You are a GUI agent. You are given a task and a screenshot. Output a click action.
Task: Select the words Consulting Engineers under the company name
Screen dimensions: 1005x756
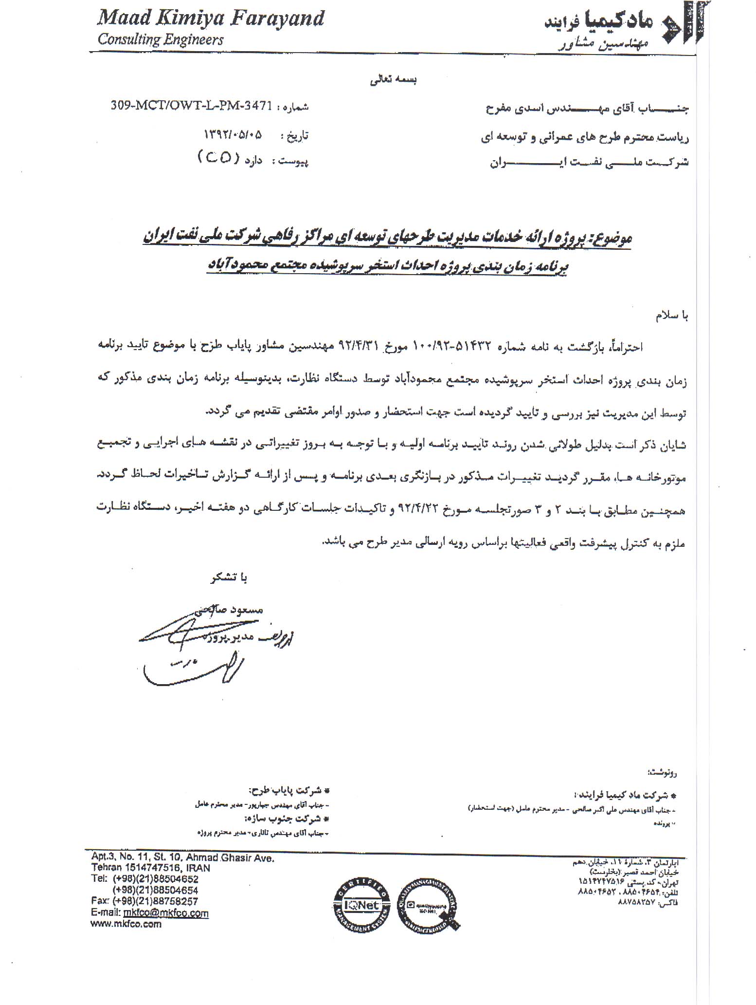pyautogui.click(x=161, y=39)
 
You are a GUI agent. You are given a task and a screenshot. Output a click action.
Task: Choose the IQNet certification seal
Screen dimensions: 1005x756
pyautogui.click(x=361, y=905)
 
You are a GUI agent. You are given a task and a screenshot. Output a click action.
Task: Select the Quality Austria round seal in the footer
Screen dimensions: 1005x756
pyautogui.click(x=428, y=905)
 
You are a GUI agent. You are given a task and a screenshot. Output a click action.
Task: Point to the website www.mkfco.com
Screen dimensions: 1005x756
pyautogui.click(x=126, y=924)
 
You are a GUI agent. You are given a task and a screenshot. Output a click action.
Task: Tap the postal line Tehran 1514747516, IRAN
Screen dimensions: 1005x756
pyautogui.click(x=150, y=868)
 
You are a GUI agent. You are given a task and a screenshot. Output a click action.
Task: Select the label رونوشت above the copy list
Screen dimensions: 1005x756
pyautogui.click(x=662, y=772)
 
